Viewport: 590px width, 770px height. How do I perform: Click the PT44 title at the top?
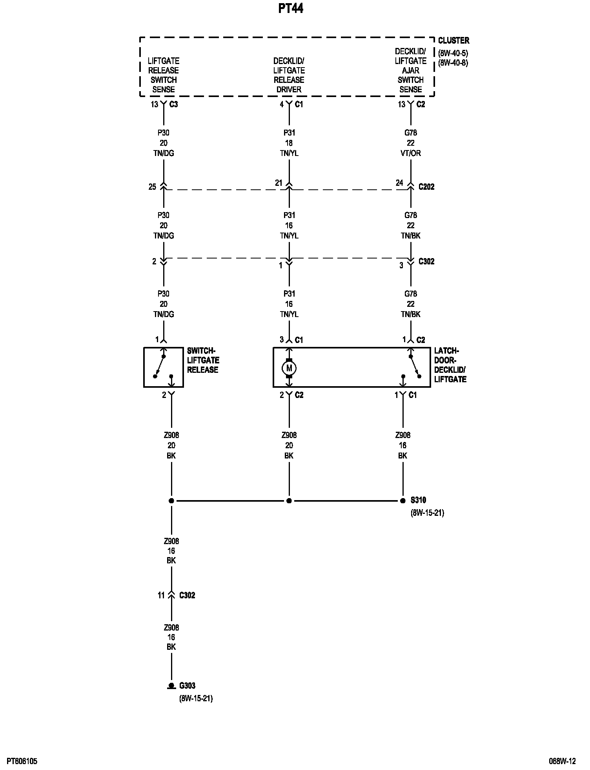tap(291, 9)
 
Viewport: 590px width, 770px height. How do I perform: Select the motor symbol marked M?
tap(289, 368)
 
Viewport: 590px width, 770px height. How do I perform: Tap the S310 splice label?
tap(418, 500)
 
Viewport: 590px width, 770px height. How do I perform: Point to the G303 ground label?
tap(188, 686)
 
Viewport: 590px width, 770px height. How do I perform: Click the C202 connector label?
tap(426, 187)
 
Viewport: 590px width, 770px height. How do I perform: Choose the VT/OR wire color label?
tap(411, 153)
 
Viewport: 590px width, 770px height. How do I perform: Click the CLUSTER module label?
tap(453, 40)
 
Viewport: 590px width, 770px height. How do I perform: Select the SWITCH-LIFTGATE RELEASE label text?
tap(203, 360)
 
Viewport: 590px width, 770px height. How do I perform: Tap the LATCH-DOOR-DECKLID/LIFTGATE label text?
tap(450, 365)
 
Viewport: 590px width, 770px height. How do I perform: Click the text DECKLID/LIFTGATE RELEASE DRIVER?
tap(289, 75)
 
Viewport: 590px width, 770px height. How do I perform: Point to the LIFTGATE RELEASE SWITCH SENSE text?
tap(163, 75)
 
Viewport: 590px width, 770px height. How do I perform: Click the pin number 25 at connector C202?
tap(152, 187)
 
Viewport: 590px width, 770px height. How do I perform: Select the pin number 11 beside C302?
tap(161, 595)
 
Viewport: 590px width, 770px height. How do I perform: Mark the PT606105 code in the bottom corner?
tap(22, 761)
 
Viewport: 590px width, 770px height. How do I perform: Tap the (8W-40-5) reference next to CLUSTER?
tap(453, 53)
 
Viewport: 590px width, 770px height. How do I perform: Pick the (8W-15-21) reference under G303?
tap(196, 698)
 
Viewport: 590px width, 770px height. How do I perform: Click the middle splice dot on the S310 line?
tap(289, 500)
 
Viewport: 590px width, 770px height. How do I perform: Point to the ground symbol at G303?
tap(171, 686)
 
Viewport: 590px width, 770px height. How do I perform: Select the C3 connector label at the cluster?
tap(173, 104)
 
